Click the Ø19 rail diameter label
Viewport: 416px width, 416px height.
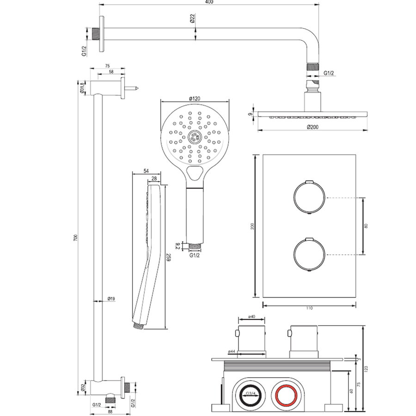pyautogui.click(x=111, y=299)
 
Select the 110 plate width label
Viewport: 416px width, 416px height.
pyautogui.click(x=309, y=309)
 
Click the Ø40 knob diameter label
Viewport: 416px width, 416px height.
pyautogui.click(x=251, y=317)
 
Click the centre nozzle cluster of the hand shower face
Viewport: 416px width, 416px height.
pyautogui.click(x=194, y=136)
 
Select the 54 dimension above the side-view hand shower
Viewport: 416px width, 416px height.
pyautogui.click(x=146, y=171)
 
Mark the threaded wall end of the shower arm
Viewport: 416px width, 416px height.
pyautogui.click(x=96, y=35)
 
